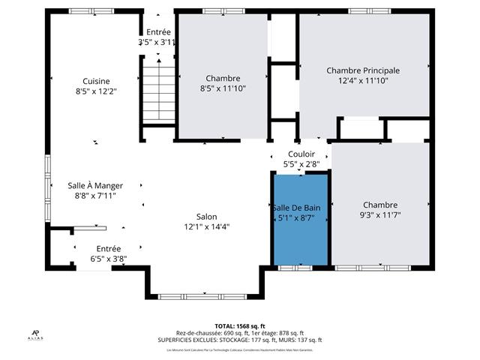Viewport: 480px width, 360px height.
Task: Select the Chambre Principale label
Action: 362,70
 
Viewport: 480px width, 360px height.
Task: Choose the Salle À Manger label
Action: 95,185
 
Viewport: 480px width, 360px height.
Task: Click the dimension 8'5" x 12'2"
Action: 96,91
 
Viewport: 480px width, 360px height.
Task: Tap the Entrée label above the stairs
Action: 158,32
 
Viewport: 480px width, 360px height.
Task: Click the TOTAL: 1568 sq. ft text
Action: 239,326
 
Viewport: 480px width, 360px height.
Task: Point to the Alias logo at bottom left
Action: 36,334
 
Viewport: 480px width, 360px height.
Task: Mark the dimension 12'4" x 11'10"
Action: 362,81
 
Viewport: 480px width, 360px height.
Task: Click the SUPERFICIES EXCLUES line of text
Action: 239,340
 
